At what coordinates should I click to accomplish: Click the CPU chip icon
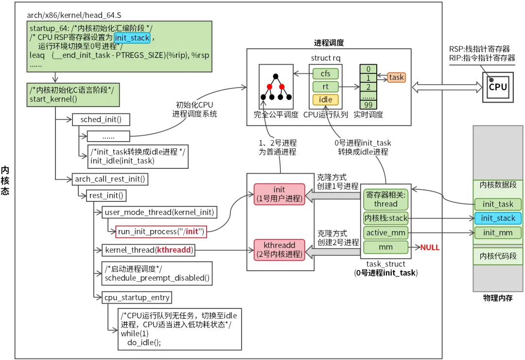(x=497, y=87)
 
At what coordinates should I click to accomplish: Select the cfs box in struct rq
(x=325, y=73)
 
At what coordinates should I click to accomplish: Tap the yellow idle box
(x=325, y=100)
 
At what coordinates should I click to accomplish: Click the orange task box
(x=396, y=77)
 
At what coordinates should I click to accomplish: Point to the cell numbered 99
(x=369, y=105)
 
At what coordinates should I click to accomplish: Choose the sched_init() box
(x=101, y=120)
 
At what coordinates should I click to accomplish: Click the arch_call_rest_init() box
(x=110, y=179)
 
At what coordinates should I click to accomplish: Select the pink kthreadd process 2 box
(x=279, y=248)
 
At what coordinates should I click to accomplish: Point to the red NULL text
(x=430, y=248)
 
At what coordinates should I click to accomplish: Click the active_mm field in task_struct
(x=385, y=233)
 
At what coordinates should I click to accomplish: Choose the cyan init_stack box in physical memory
(x=498, y=218)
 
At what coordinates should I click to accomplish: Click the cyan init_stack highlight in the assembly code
(x=132, y=37)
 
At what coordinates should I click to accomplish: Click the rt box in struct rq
(x=325, y=87)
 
